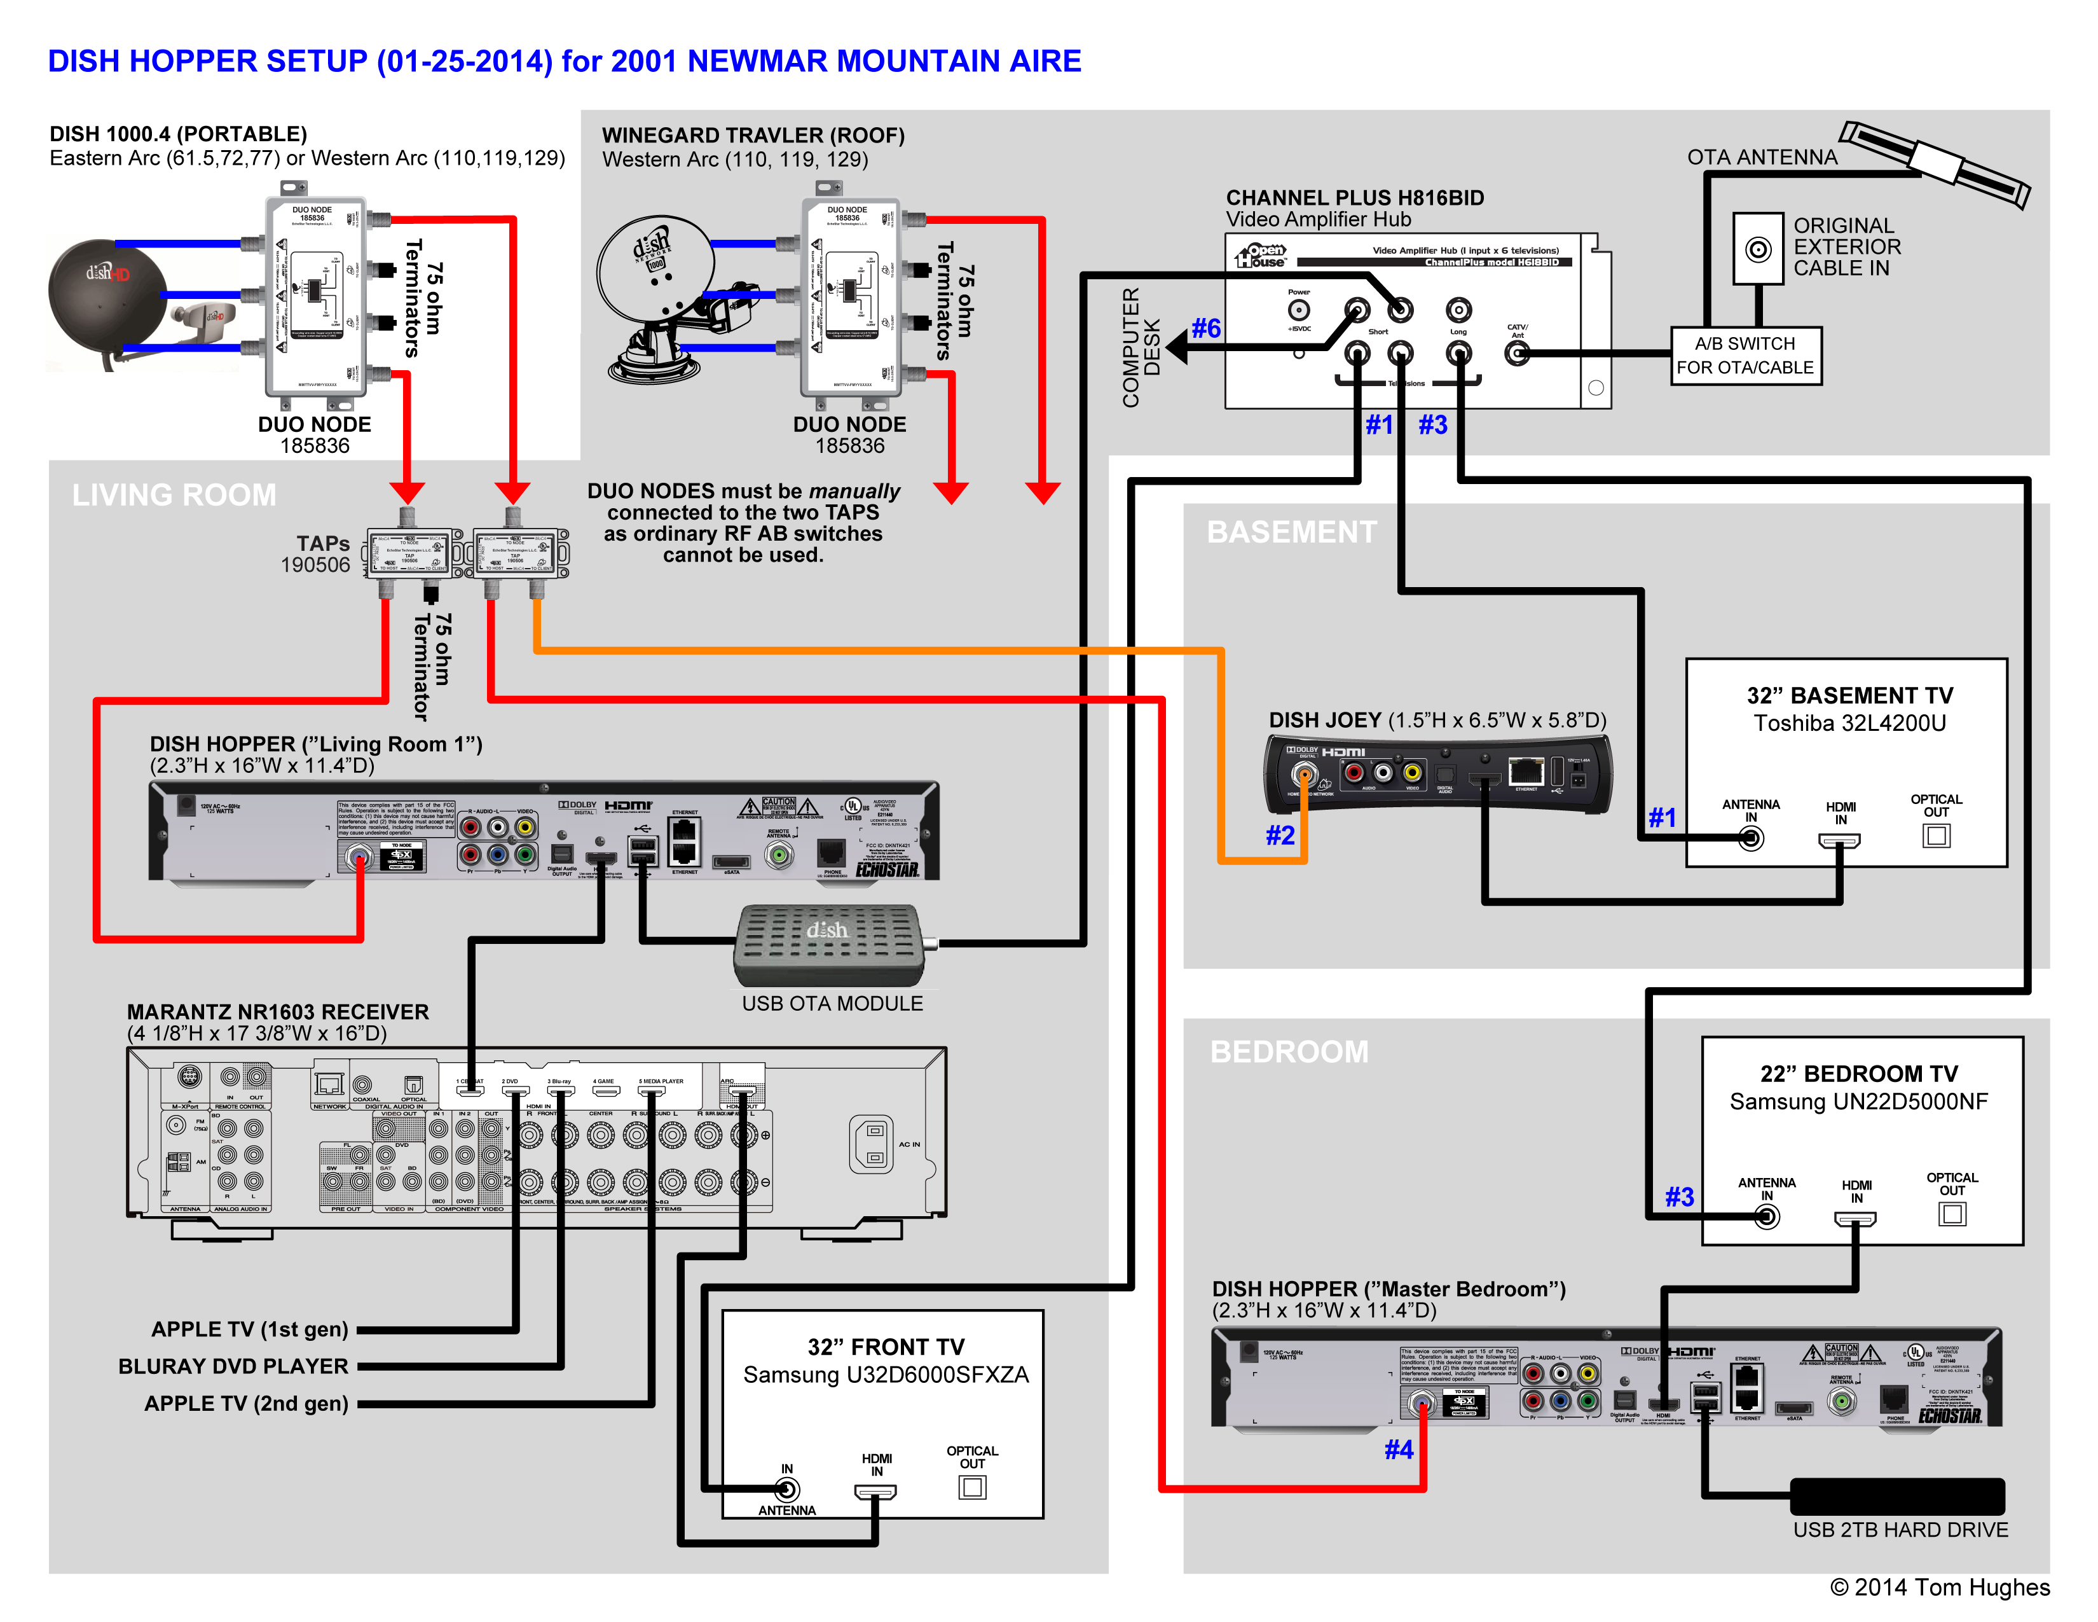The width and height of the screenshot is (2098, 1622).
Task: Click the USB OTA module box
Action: click(x=828, y=945)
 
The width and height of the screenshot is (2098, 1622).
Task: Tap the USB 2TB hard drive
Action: click(x=1896, y=1496)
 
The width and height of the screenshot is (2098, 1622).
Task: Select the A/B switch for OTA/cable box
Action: click(x=1745, y=356)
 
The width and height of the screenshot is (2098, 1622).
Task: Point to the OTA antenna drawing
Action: click(x=1937, y=164)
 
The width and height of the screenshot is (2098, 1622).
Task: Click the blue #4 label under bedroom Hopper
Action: click(x=1399, y=1449)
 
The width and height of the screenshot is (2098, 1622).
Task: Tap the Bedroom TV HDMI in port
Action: click(x=1855, y=1219)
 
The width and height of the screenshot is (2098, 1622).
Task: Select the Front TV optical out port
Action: click(x=972, y=1488)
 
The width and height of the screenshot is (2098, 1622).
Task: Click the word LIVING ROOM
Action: click(x=174, y=495)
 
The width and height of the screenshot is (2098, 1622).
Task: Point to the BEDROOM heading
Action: click(x=1288, y=1051)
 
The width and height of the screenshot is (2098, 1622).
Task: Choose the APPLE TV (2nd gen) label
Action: click(x=246, y=1403)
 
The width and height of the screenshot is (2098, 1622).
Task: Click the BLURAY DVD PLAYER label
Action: click(x=233, y=1366)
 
